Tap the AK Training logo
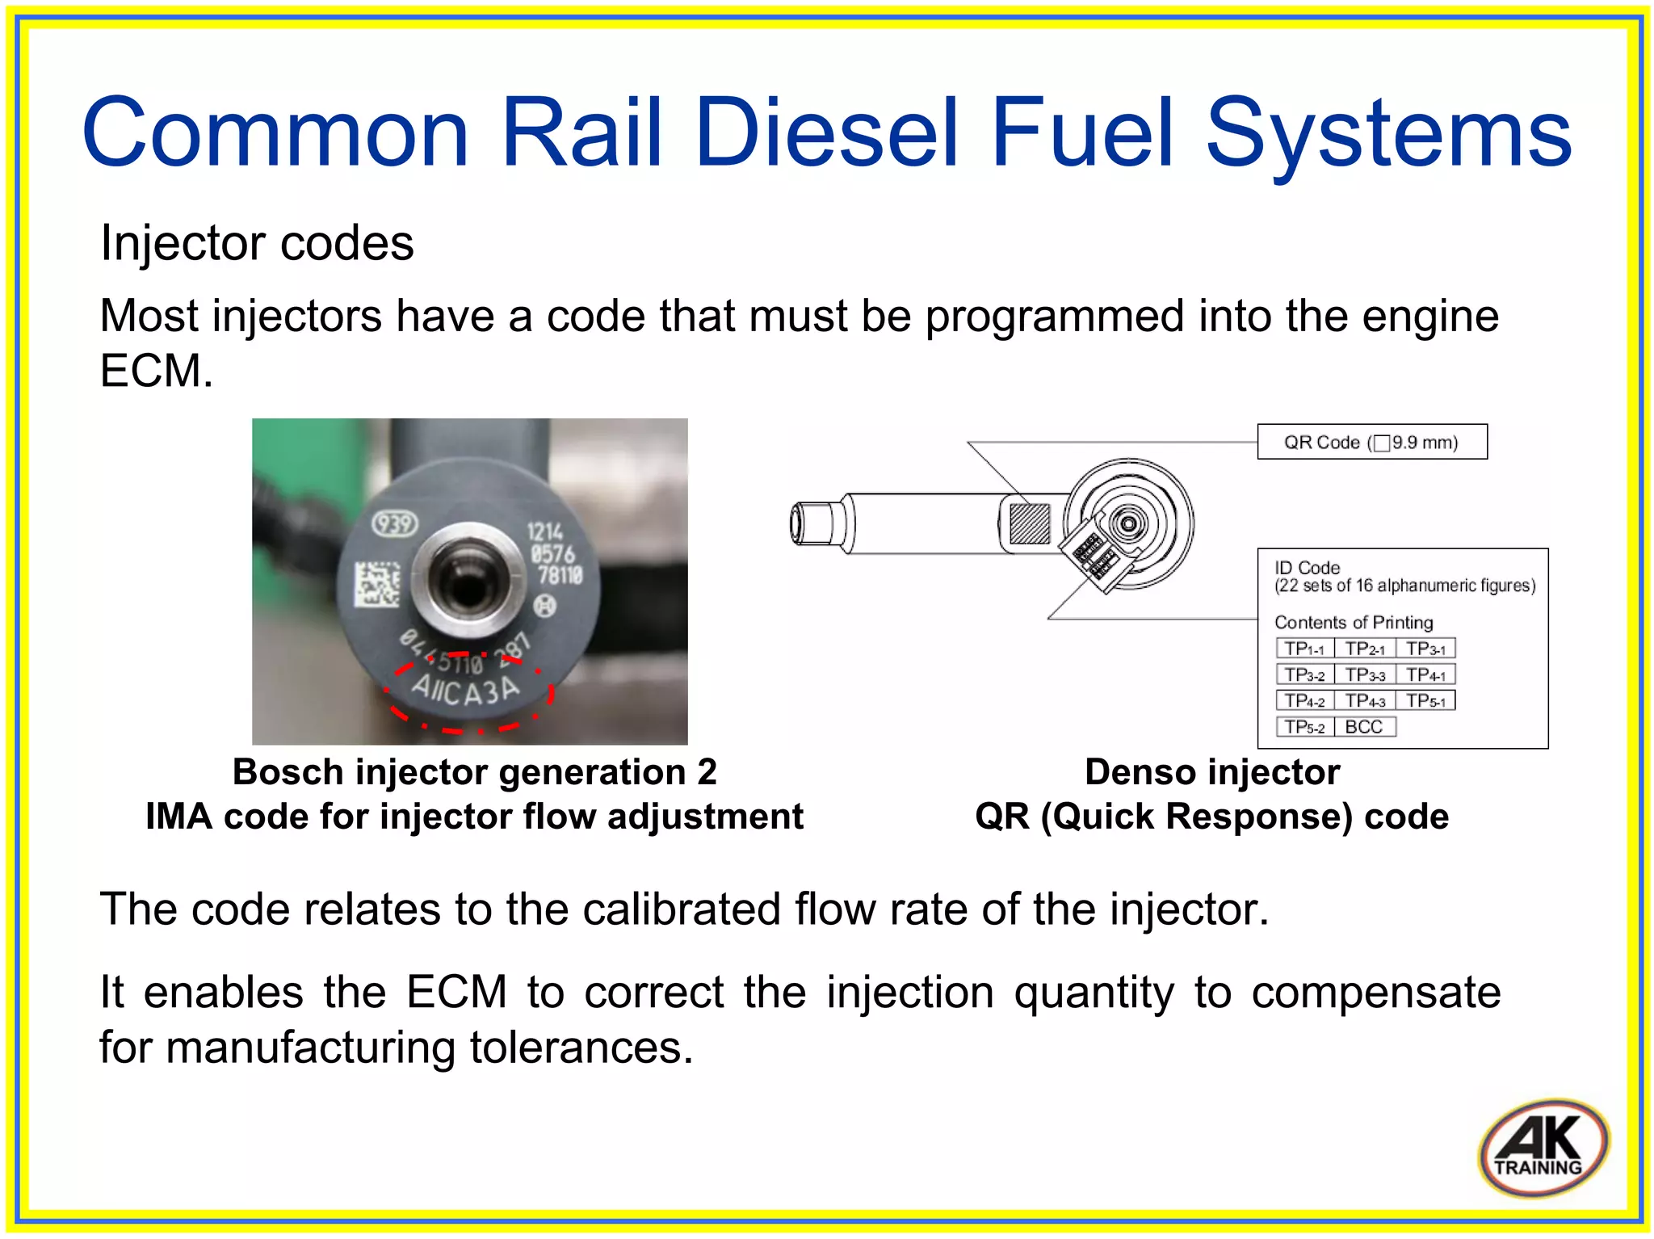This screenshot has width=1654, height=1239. click(x=1543, y=1148)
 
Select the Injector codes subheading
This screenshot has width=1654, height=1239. click(x=257, y=243)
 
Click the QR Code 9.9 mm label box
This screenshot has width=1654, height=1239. click(x=1371, y=442)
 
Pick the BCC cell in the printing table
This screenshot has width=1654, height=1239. click(x=1364, y=726)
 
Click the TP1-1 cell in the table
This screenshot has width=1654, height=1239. click(x=1304, y=649)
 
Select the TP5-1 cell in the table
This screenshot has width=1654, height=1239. click(x=1425, y=700)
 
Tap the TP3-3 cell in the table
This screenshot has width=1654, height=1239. click(x=1365, y=674)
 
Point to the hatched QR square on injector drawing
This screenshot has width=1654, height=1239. click(x=1030, y=523)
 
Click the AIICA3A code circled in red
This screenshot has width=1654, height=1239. click(x=466, y=690)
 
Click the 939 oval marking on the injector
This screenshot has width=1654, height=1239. click(x=394, y=524)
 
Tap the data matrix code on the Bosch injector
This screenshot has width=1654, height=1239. click(x=377, y=584)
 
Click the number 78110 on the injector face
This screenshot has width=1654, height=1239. click(x=560, y=575)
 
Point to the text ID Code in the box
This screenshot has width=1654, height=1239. click(x=1307, y=568)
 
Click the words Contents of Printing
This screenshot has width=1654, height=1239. click(x=1354, y=622)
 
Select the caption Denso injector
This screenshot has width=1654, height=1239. click(x=1211, y=772)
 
